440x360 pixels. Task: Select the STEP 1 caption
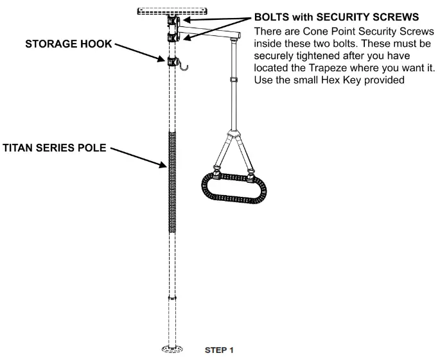point(220,350)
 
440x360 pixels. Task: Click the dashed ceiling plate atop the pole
point(172,12)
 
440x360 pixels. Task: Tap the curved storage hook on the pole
point(184,65)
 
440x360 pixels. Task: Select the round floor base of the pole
point(172,350)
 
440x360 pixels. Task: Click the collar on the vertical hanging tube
point(232,80)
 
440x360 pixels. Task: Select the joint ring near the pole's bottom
point(172,298)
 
